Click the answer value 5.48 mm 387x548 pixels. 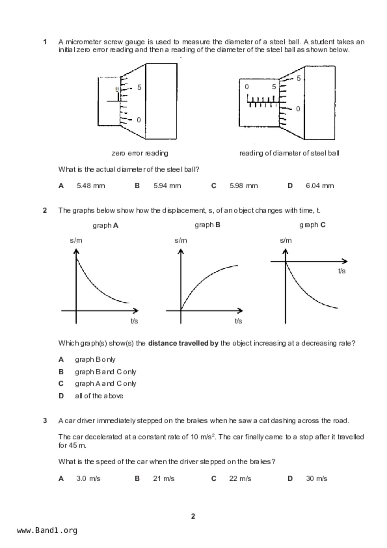91,186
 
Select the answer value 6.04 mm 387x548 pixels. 320,186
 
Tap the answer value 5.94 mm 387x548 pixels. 167,186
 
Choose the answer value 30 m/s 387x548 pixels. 316,479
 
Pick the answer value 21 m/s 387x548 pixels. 164,479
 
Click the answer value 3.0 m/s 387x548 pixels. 88,479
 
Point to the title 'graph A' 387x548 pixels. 105,226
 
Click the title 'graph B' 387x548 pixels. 207,225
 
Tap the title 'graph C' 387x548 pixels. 312,225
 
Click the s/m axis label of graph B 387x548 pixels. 181,241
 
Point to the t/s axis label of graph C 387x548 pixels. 342,271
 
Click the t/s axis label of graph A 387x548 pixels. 134,321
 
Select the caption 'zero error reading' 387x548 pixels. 140,153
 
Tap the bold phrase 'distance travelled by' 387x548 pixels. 183,343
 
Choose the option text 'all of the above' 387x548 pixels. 99,396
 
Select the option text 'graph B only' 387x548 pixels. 95,360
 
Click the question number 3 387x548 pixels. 45,421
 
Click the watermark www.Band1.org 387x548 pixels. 47,531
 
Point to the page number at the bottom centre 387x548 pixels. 193,516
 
